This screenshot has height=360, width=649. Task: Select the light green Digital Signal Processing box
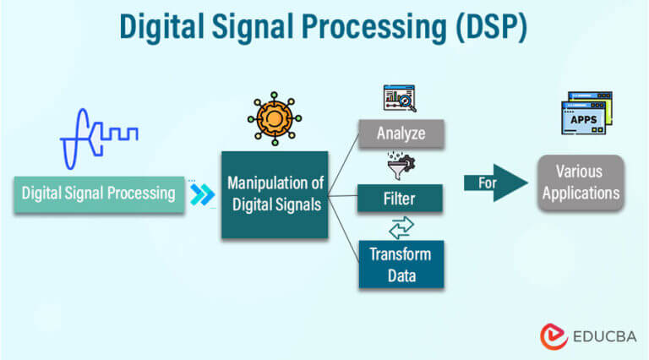[98, 193]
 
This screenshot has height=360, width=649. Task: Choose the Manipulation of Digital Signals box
[274, 194]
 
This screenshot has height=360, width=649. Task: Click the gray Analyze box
[400, 133]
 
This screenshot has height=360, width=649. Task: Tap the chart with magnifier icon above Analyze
[400, 100]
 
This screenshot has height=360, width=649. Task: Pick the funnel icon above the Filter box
[398, 166]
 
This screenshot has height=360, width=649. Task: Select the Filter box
[400, 199]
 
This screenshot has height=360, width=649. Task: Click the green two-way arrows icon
[400, 227]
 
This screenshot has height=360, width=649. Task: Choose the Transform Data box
[400, 264]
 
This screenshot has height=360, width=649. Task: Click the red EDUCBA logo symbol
[554, 335]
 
